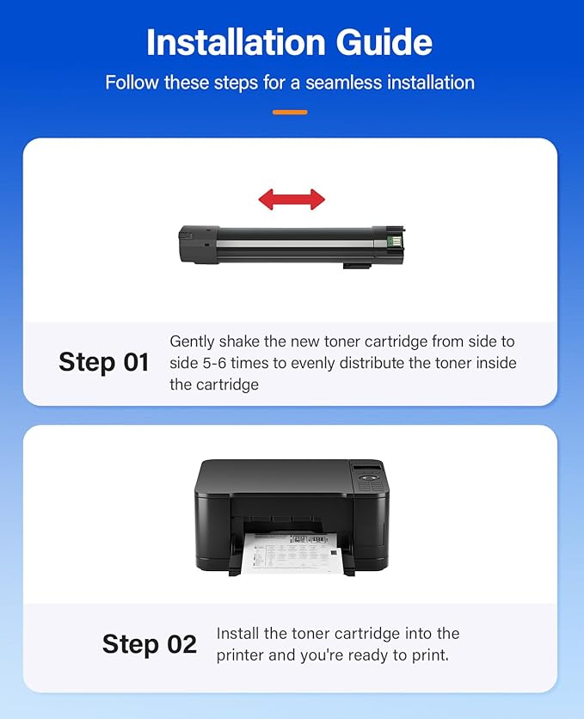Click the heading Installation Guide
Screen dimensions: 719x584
click(289, 41)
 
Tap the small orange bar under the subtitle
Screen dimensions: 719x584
click(290, 112)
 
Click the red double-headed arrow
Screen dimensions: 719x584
click(292, 200)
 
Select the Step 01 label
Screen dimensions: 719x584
click(103, 362)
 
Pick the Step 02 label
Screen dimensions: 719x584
click(149, 643)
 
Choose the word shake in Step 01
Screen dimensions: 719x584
click(246, 341)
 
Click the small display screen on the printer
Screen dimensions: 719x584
click(367, 468)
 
